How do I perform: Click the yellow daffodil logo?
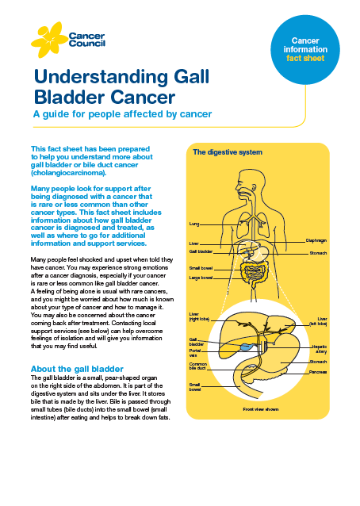pos(48,40)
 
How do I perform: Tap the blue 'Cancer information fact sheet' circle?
pos(304,50)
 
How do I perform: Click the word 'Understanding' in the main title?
pos(101,77)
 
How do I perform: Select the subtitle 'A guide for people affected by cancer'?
pos(123,114)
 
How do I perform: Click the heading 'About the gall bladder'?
pos(77,369)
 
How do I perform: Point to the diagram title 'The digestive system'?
pos(228,152)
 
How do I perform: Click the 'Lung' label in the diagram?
pos(193,224)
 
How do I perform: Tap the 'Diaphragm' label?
pos(316,240)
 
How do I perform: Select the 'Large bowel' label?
pos(201,278)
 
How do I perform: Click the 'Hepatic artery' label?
pos(320,349)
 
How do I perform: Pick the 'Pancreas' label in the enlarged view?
pos(318,372)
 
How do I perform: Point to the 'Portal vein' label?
pos(195,353)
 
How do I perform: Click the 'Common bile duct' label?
pos(197,366)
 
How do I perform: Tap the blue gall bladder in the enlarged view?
pos(246,347)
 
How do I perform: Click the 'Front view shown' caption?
pos(261,409)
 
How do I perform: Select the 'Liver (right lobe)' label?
pos(199,316)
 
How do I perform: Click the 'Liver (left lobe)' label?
pos(318,321)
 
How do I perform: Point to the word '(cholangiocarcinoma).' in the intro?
pos(68,173)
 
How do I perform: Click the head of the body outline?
pos(247,184)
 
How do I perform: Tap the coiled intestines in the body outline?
pos(254,274)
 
